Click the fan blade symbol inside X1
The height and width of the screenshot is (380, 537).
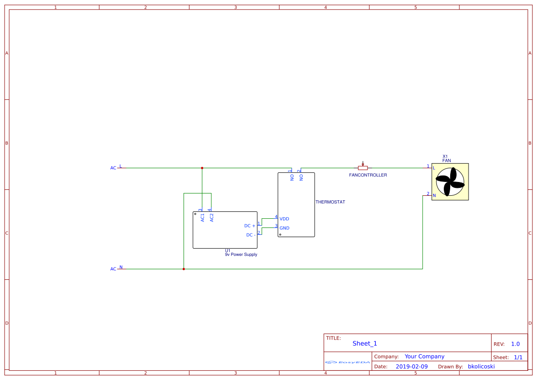click(450, 182)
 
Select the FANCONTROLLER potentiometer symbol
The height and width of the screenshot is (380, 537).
click(363, 168)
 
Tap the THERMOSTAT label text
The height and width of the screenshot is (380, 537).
click(330, 202)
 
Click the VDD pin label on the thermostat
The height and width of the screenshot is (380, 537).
click(284, 219)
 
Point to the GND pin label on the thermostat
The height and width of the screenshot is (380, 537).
click(284, 228)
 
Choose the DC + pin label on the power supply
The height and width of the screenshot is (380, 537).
click(249, 226)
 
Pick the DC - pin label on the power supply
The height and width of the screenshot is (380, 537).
click(251, 235)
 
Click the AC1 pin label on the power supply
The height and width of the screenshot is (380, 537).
click(203, 217)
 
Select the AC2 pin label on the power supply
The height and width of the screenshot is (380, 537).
click(212, 217)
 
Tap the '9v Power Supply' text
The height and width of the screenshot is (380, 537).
click(241, 255)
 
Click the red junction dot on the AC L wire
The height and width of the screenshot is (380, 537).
click(202, 168)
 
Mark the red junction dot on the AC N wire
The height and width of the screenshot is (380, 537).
click(184, 269)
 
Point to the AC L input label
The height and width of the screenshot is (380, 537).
click(113, 168)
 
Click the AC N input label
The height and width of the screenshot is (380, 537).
click(113, 269)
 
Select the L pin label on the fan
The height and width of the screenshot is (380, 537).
click(434, 168)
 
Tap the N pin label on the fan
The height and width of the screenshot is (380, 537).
click(434, 195)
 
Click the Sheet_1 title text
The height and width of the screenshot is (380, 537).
click(365, 343)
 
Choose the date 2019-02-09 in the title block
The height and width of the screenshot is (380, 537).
click(412, 367)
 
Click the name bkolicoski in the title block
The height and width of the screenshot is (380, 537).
click(481, 367)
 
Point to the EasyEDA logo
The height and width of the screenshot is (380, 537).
click(348, 362)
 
